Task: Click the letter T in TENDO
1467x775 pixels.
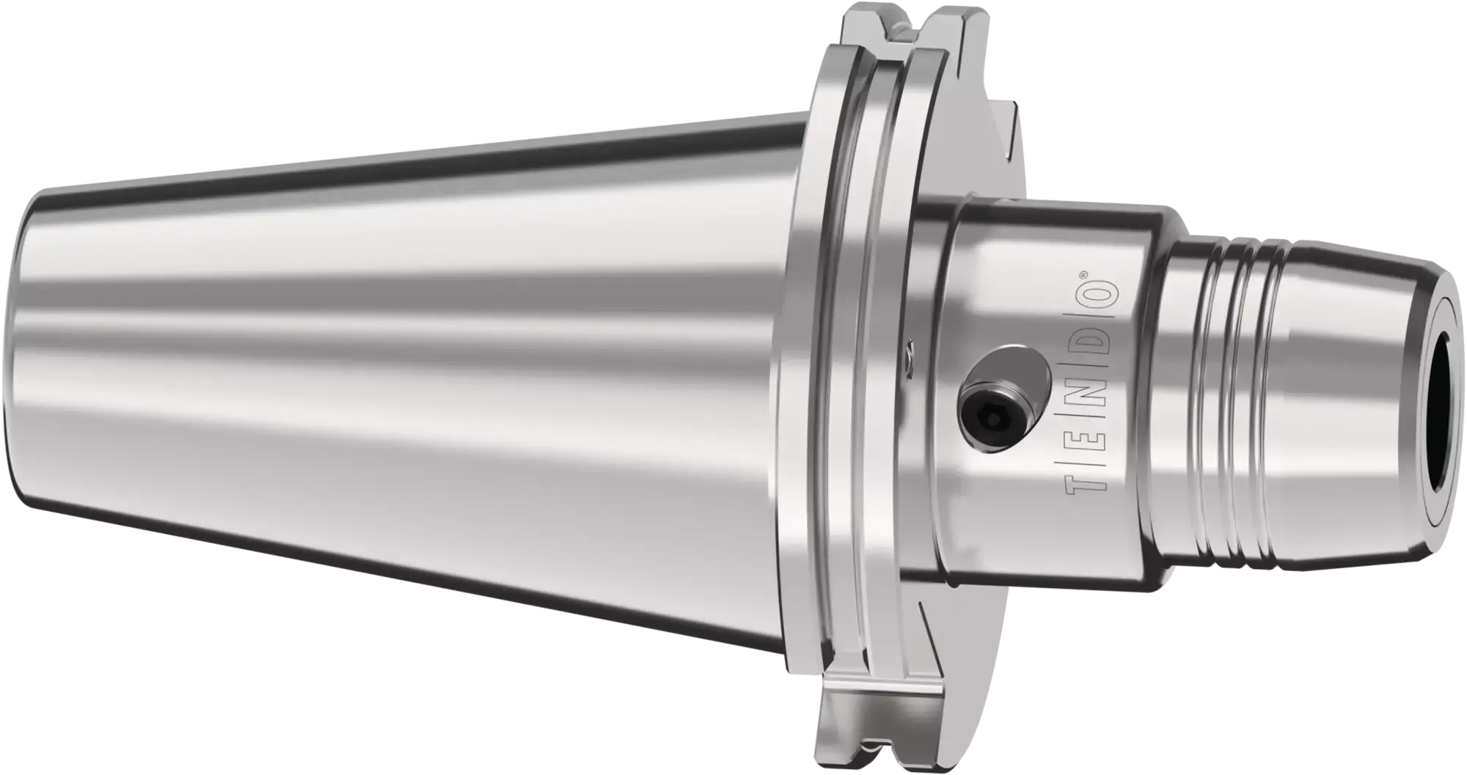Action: pos(1077,477)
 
